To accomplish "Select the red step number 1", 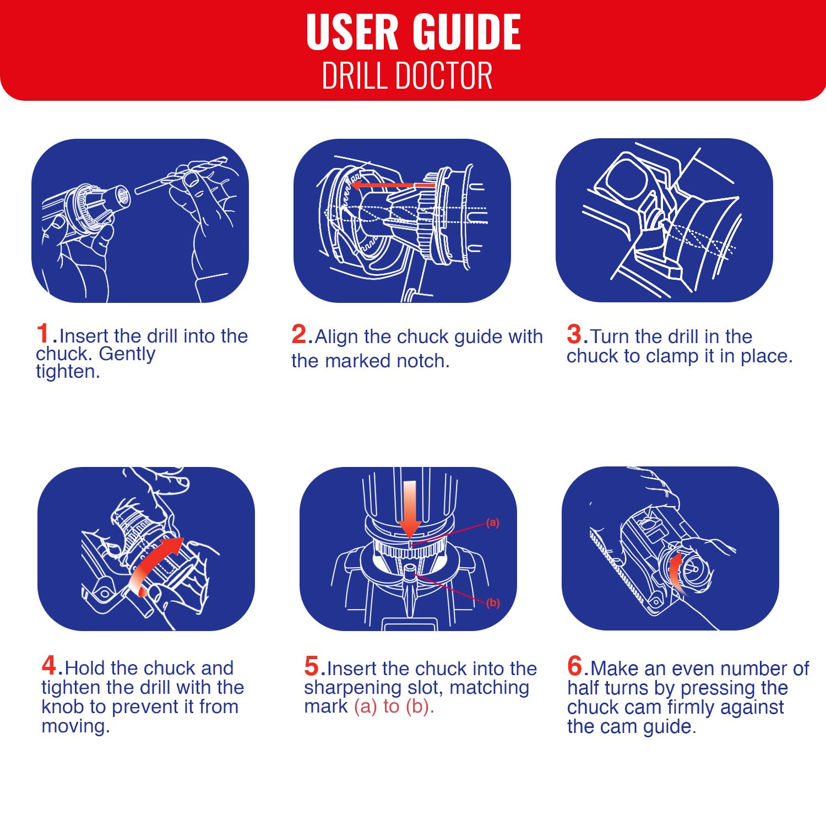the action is click(43, 334).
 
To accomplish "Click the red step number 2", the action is click(299, 334).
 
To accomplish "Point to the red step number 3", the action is click(574, 334).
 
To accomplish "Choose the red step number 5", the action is click(312, 666).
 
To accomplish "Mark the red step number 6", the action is click(575, 666).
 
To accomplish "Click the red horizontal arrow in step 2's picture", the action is click(393, 185).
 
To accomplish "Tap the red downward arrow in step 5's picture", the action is click(410, 509).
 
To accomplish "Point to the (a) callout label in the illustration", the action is click(493, 523).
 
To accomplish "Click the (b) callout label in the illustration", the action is click(493, 602).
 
